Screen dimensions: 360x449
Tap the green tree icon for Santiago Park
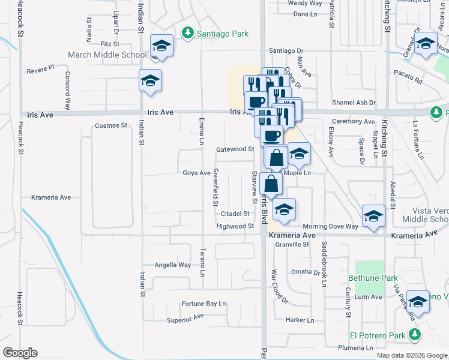(x=188, y=32)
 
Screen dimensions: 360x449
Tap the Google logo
(x=20, y=352)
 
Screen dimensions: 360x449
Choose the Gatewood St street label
(x=236, y=149)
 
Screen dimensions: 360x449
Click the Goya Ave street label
(x=196, y=173)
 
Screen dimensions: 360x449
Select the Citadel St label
(x=235, y=214)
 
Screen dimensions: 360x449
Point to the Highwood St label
(x=235, y=226)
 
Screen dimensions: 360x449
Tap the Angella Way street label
(x=173, y=265)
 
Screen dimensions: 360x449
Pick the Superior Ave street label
(x=185, y=319)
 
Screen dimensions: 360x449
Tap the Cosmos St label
(x=111, y=126)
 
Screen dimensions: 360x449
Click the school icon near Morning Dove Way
(x=373, y=216)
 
